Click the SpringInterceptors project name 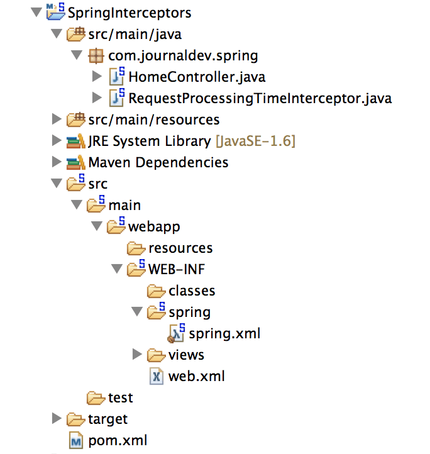click(x=128, y=12)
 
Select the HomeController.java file click(x=196, y=77)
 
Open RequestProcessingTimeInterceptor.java click(x=260, y=98)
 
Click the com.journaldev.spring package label click(x=183, y=55)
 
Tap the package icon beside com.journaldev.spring click(x=96, y=55)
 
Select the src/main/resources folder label click(x=153, y=119)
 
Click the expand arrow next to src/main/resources click(x=57, y=119)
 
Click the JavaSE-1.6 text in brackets click(x=255, y=141)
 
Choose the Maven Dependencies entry click(x=158, y=162)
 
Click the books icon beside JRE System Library click(x=75, y=141)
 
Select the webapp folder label click(x=154, y=226)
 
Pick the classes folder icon click(x=156, y=291)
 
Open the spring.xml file click(x=224, y=333)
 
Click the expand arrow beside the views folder click(x=138, y=355)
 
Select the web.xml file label click(x=196, y=376)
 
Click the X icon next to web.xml click(x=156, y=376)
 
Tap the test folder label click(x=120, y=397)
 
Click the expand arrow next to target click(x=57, y=419)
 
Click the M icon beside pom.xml click(x=76, y=440)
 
